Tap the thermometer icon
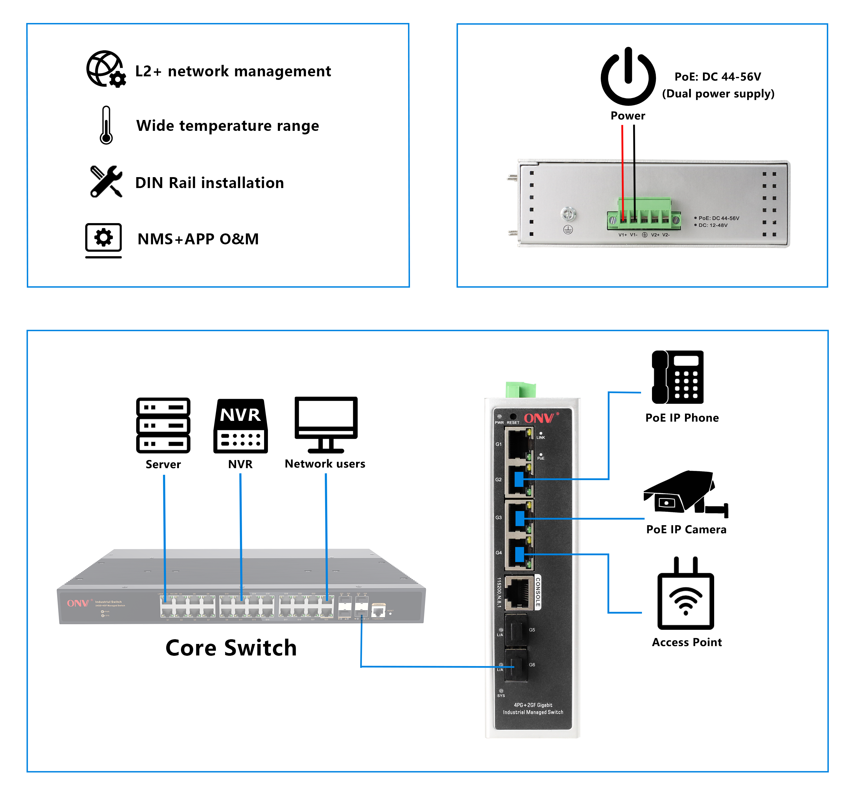coord(106,125)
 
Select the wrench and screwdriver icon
coord(106,182)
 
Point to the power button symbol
coord(628,77)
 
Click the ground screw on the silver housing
coord(568,214)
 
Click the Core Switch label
coord(231,648)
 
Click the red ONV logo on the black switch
coord(539,418)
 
